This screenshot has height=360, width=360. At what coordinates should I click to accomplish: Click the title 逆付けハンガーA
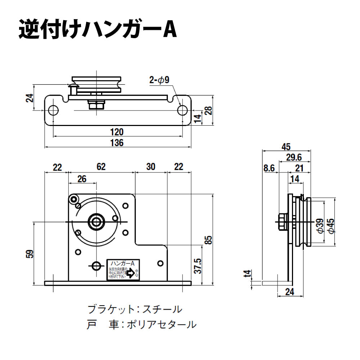coord(98,31)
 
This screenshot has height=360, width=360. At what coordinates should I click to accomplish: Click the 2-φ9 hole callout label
coord(159,80)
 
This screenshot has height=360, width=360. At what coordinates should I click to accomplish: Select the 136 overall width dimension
coord(117,143)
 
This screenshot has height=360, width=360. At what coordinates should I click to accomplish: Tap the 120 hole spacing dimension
coord(117,132)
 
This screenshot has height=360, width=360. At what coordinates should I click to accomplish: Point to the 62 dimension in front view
coord(101,167)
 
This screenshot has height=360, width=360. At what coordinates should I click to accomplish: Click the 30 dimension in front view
coord(151,167)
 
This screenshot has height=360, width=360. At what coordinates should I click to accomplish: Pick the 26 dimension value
coord(82,179)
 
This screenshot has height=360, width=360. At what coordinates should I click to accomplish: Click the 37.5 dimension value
coord(197,266)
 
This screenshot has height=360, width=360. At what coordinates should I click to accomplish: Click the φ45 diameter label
coord(331,226)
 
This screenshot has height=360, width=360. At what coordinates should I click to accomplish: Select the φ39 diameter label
coord(319,226)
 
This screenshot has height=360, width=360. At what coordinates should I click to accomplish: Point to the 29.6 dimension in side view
coord(294,157)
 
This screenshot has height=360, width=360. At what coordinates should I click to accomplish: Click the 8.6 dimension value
coord(269,168)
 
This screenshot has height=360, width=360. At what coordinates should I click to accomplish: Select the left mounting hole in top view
coord(53,110)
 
